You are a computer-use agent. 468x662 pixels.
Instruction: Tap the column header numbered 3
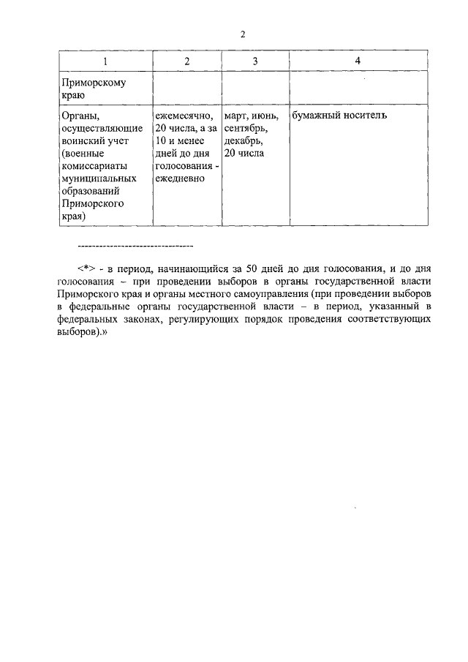[255, 61]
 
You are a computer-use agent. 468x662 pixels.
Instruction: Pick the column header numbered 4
[358, 61]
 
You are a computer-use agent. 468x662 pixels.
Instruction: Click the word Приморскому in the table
[94, 83]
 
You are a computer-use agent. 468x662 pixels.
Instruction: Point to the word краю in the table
[74, 94]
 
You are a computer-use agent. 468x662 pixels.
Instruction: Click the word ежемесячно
[184, 116]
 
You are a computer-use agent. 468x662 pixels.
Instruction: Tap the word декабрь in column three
[244, 141]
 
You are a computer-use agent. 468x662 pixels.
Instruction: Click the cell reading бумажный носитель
[339, 116]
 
